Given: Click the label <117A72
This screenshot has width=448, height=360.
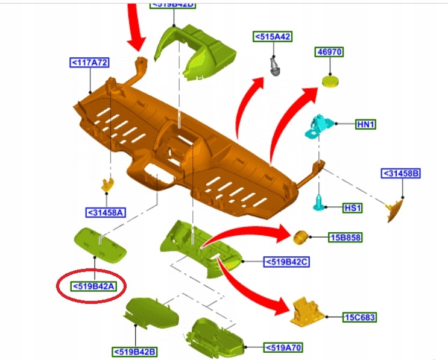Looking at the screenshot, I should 89,62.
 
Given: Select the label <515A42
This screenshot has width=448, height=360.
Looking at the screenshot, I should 273,37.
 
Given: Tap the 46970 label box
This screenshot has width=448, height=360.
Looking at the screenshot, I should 329,52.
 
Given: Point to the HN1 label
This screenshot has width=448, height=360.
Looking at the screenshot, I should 366,124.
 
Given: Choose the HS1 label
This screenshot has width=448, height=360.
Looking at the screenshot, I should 352,207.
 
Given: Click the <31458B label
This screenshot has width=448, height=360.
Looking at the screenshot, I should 401,174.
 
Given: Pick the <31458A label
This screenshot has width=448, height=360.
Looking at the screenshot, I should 106,212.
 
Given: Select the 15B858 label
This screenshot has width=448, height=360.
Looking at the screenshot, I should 345,238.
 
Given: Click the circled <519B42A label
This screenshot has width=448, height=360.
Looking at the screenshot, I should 93,286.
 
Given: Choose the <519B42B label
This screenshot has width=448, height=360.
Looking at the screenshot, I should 134,351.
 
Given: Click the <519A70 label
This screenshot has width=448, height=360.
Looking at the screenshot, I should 282,347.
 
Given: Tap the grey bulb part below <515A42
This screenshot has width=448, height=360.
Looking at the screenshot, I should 276,65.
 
